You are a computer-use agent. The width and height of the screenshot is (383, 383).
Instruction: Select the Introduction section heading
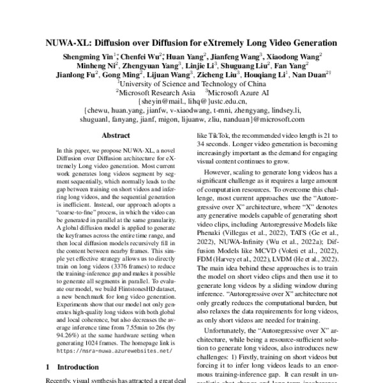[75, 368]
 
